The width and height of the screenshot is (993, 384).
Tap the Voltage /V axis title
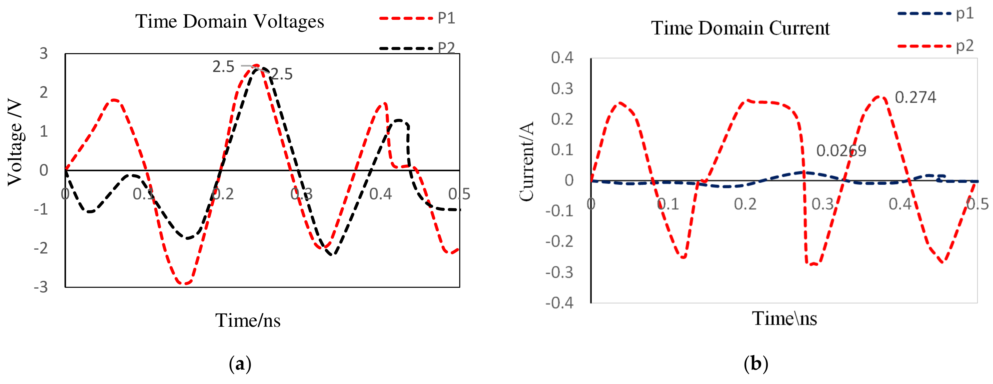click(15, 143)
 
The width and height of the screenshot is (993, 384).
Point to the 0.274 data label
click(915, 97)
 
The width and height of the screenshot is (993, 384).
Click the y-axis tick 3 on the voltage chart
click(44, 54)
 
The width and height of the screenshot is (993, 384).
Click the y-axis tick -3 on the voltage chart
click(41, 287)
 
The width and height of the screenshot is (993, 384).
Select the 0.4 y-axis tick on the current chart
click(562, 58)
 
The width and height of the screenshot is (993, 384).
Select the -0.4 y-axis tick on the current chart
click(559, 303)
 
